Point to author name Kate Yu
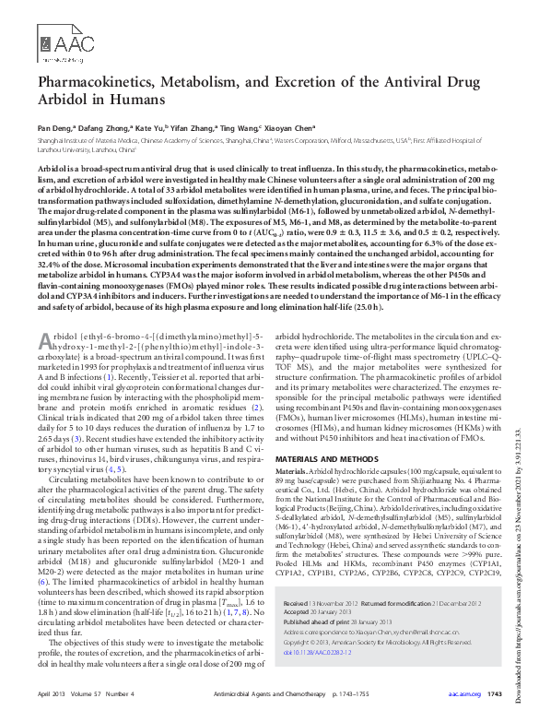pos(158,127)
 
